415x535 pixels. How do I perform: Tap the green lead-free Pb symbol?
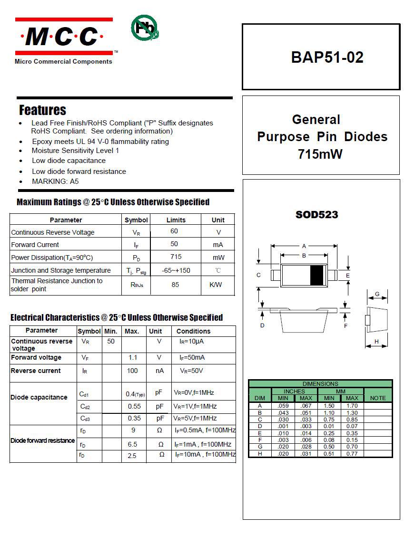point(144,28)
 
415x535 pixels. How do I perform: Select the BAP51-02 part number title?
point(327,57)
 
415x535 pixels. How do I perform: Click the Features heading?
point(42,110)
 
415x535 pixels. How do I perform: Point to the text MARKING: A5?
point(55,182)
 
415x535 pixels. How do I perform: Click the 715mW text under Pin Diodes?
point(320,154)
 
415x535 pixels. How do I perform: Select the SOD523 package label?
point(316,215)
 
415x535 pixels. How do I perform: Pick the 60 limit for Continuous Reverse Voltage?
point(174,231)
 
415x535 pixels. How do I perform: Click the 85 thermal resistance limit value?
point(176,285)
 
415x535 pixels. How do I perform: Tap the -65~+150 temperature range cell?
point(176,270)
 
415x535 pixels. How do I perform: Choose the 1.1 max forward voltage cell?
point(133,357)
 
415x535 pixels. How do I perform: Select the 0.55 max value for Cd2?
point(134,407)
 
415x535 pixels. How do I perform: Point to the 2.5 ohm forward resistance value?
point(132,456)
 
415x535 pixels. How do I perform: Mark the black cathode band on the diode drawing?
point(316,276)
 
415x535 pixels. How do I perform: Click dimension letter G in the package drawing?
point(377,294)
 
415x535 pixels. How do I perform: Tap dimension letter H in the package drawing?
point(376,342)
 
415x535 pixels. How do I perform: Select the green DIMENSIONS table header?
point(320,383)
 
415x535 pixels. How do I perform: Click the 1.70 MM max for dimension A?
point(352,406)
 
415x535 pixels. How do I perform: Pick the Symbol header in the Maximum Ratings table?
point(136,220)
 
